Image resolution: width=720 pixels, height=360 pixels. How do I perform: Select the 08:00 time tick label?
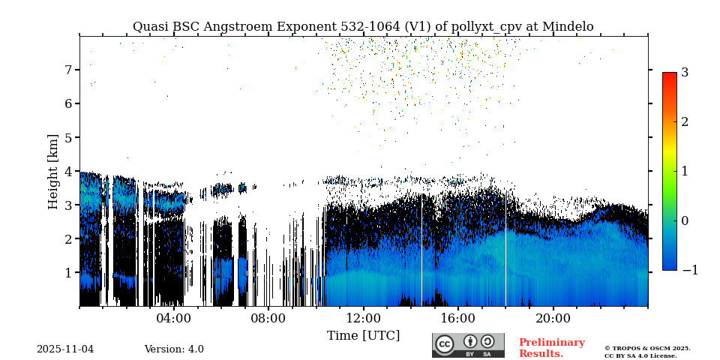[x=268, y=318]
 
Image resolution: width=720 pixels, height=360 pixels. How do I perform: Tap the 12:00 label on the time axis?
[x=363, y=318]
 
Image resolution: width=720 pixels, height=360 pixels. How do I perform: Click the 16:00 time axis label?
[x=457, y=318]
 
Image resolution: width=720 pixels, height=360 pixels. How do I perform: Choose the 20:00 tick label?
[x=553, y=318]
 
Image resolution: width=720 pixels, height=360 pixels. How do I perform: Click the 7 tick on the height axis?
[x=67, y=70]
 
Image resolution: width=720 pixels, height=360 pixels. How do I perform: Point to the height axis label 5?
[x=67, y=137]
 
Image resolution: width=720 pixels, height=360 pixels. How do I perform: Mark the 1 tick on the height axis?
[x=67, y=272]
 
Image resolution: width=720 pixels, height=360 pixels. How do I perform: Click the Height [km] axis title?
[x=53, y=171]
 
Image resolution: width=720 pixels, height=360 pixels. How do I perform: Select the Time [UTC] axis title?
[x=363, y=335]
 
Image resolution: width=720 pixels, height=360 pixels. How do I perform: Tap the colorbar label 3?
[x=685, y=73]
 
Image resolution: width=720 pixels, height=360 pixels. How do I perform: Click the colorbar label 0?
[x=685, y=220]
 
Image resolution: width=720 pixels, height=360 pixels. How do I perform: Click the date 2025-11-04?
[x=65, y=349]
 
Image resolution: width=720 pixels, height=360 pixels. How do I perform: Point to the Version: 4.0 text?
[x=174, y=349]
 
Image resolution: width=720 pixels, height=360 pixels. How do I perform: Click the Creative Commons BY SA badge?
[x=468, y=345]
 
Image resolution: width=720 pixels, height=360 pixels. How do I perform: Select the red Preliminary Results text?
[x=551, y=348]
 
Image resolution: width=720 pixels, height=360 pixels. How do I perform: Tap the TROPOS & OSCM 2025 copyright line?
[x=647, y=348]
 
